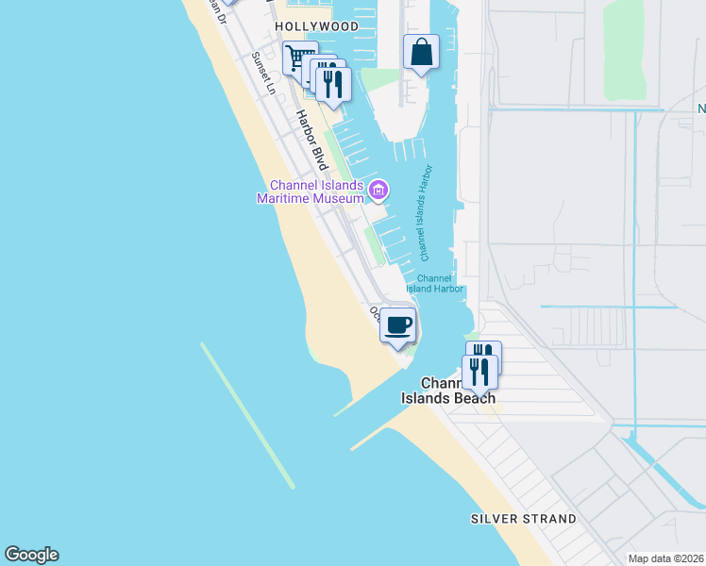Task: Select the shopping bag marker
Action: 422,52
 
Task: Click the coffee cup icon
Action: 398,325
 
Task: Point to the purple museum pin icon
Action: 378,191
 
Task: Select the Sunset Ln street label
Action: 263,74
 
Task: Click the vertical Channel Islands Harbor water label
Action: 425,213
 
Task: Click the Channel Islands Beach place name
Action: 448,391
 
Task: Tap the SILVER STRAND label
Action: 524,519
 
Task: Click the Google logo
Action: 31,555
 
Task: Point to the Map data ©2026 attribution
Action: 664,558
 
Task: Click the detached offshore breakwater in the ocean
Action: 247,415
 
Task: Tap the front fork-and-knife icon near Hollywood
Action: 333,83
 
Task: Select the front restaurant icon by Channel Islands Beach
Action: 479,372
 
